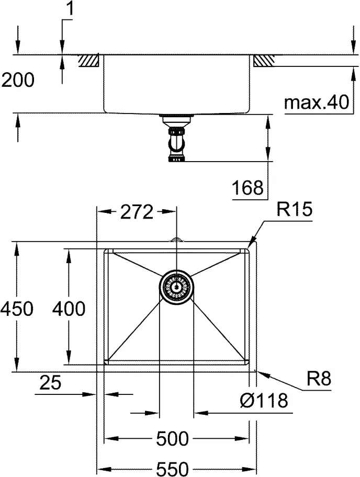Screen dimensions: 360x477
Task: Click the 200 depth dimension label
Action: point(18,81)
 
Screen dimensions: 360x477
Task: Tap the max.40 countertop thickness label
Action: point(317,102)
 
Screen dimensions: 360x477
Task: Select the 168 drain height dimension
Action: point(248,188)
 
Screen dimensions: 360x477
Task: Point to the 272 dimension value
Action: point(137,212)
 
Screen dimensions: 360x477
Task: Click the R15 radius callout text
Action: point(294,209)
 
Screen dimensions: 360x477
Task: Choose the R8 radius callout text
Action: point(319,379)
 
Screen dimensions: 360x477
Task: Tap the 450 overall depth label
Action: point(17,309)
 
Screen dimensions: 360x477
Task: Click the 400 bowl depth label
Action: point(69,309)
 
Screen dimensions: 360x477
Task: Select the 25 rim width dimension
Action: point(50,382)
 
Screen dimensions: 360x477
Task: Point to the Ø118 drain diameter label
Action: point(264,400)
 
